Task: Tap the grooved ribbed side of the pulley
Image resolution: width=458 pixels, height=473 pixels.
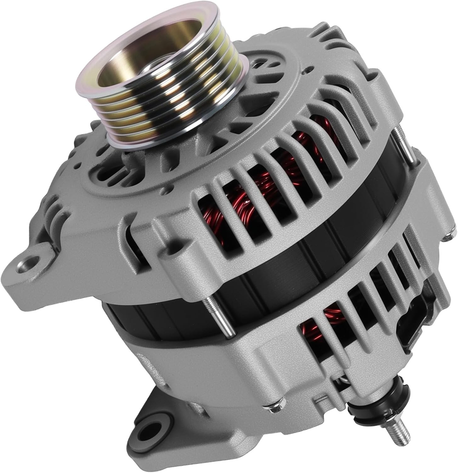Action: [176, 104]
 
